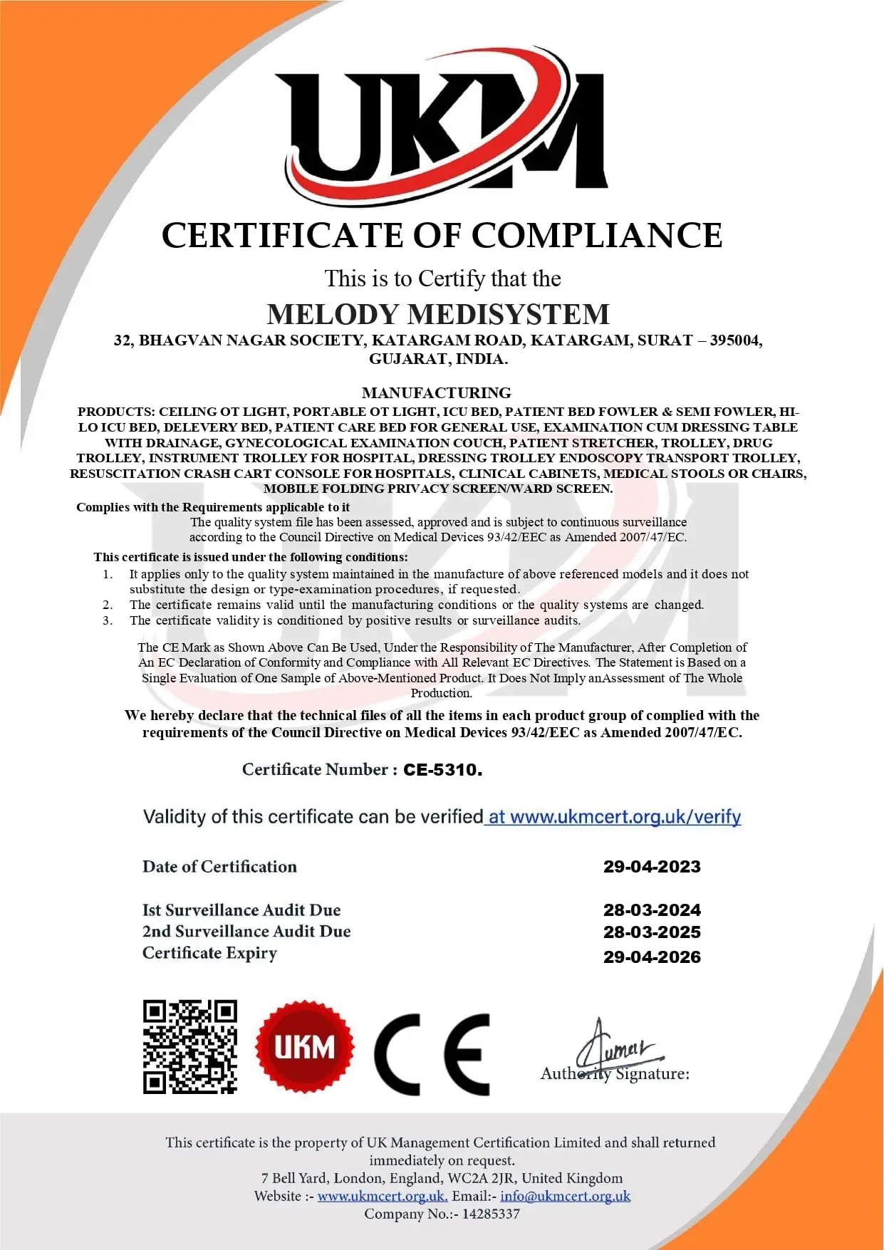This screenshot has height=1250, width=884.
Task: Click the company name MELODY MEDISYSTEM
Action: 438,314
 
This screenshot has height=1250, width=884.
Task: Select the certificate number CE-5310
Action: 442,770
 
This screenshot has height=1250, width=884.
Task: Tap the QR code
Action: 189,1046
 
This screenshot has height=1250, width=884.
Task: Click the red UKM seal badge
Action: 304,1047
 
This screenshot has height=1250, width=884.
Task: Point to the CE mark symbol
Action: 432,1054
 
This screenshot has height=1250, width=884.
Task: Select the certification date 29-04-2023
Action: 652,867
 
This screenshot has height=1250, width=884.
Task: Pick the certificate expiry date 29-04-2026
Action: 652,957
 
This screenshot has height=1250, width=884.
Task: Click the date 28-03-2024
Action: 652,910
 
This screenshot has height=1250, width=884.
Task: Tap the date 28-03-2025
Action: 652,932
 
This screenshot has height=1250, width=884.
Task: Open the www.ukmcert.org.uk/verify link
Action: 615,817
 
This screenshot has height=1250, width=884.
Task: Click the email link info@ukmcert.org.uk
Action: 565,1196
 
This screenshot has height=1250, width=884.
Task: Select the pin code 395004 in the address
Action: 734,340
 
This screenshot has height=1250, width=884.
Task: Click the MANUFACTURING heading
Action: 436,393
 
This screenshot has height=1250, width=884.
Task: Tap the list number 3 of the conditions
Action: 108,620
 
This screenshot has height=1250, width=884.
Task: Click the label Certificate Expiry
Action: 209,953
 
